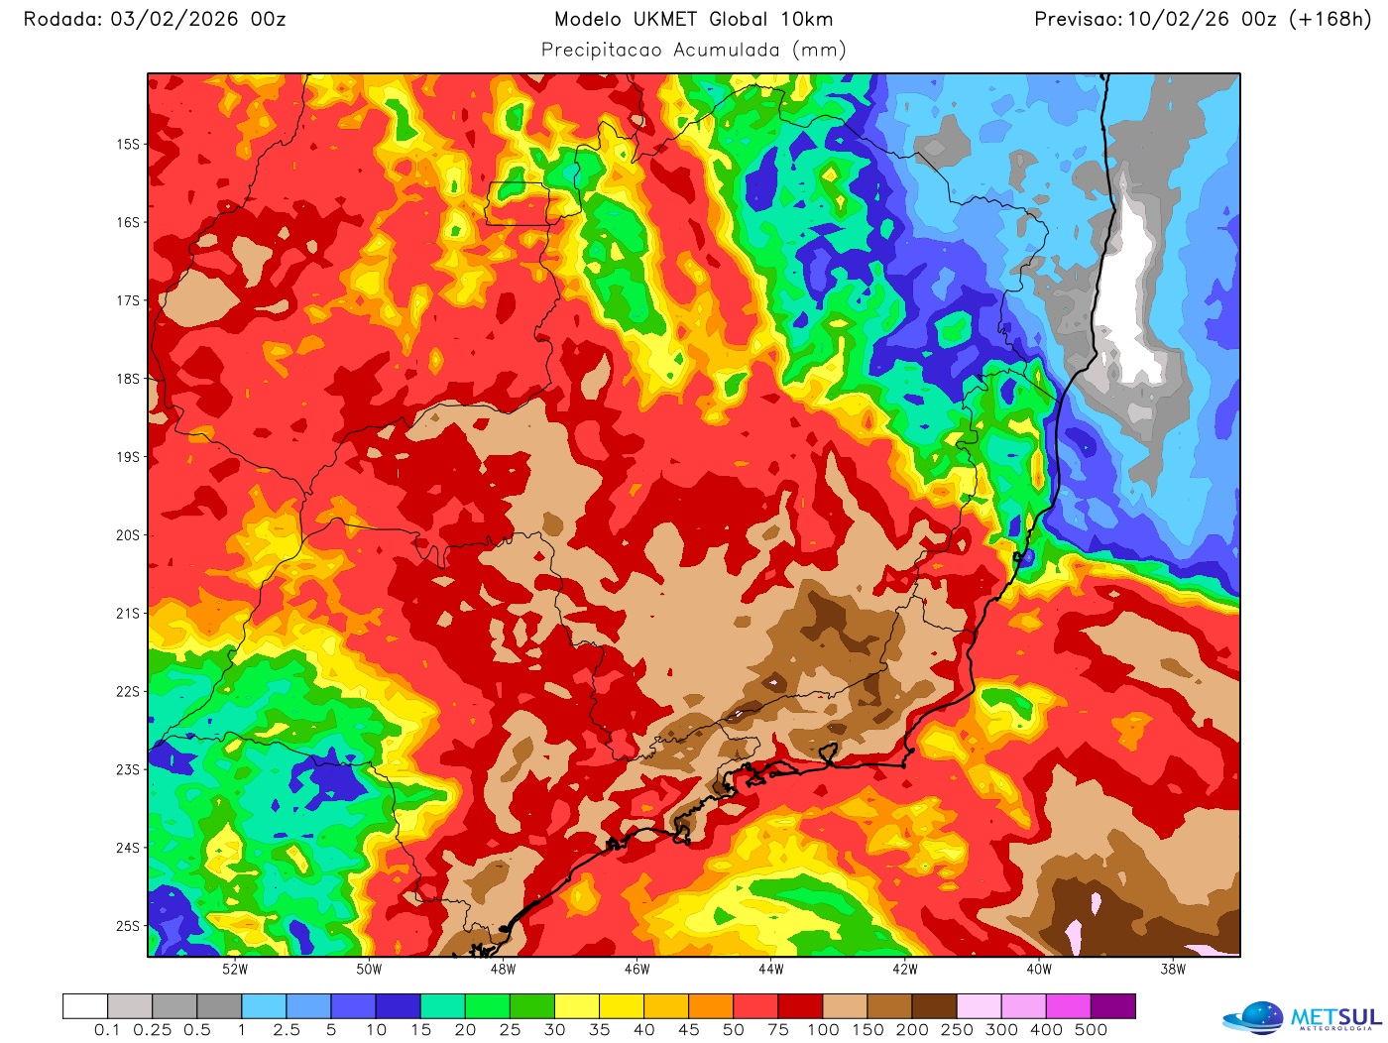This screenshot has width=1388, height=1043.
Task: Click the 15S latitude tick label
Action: tap(128, 145)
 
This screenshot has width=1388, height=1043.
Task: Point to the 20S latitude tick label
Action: tap(128, 535)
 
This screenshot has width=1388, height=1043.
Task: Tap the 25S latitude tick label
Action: tap(128, 926)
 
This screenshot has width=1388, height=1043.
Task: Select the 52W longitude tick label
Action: tap(235, 970)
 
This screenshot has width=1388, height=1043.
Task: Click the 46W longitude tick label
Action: tap(636, 970)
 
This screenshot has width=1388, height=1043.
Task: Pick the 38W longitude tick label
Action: tap(1173, 970)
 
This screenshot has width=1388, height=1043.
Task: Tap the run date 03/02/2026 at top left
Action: tap(173, 19)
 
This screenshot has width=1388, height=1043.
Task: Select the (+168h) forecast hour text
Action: tap(1329, 19)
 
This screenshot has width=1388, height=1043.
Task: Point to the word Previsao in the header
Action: tap(1078, 19)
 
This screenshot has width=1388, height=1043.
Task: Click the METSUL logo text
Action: tap(1334, 1017)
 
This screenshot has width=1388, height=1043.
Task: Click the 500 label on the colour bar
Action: tap(1091, 1030)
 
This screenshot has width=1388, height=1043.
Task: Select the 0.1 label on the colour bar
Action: tap(107, 1030)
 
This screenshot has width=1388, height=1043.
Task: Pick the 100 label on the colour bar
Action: tap(823, 1030)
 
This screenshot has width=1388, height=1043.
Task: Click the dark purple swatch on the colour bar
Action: tap(1112, 1006)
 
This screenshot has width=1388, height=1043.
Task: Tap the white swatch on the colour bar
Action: tap(85, 1006)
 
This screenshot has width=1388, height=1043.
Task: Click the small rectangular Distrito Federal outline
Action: tap(517, 203)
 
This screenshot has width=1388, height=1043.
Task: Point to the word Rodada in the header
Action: tap(61, 19)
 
